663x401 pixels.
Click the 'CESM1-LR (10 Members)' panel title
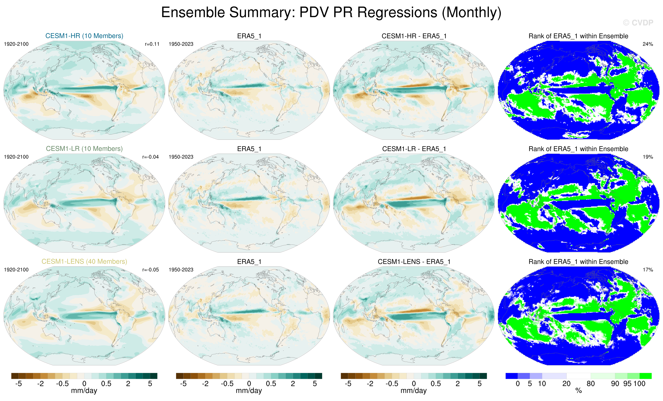[84, 149]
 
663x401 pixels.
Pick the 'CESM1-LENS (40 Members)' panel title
[84, 261]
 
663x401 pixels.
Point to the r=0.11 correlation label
[152, 44]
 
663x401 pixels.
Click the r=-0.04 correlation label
[150, 157]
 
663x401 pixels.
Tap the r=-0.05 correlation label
[150, 270]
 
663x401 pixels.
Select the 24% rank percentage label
[648, 44]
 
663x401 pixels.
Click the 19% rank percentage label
[648, 157]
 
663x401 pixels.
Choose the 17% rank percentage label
[648, 270]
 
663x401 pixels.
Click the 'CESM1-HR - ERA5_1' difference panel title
[414, 36]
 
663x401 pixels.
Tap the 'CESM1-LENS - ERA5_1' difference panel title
[414, 262]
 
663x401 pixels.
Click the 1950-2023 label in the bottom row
[181, 270]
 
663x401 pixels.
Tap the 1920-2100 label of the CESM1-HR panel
[16, 44]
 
